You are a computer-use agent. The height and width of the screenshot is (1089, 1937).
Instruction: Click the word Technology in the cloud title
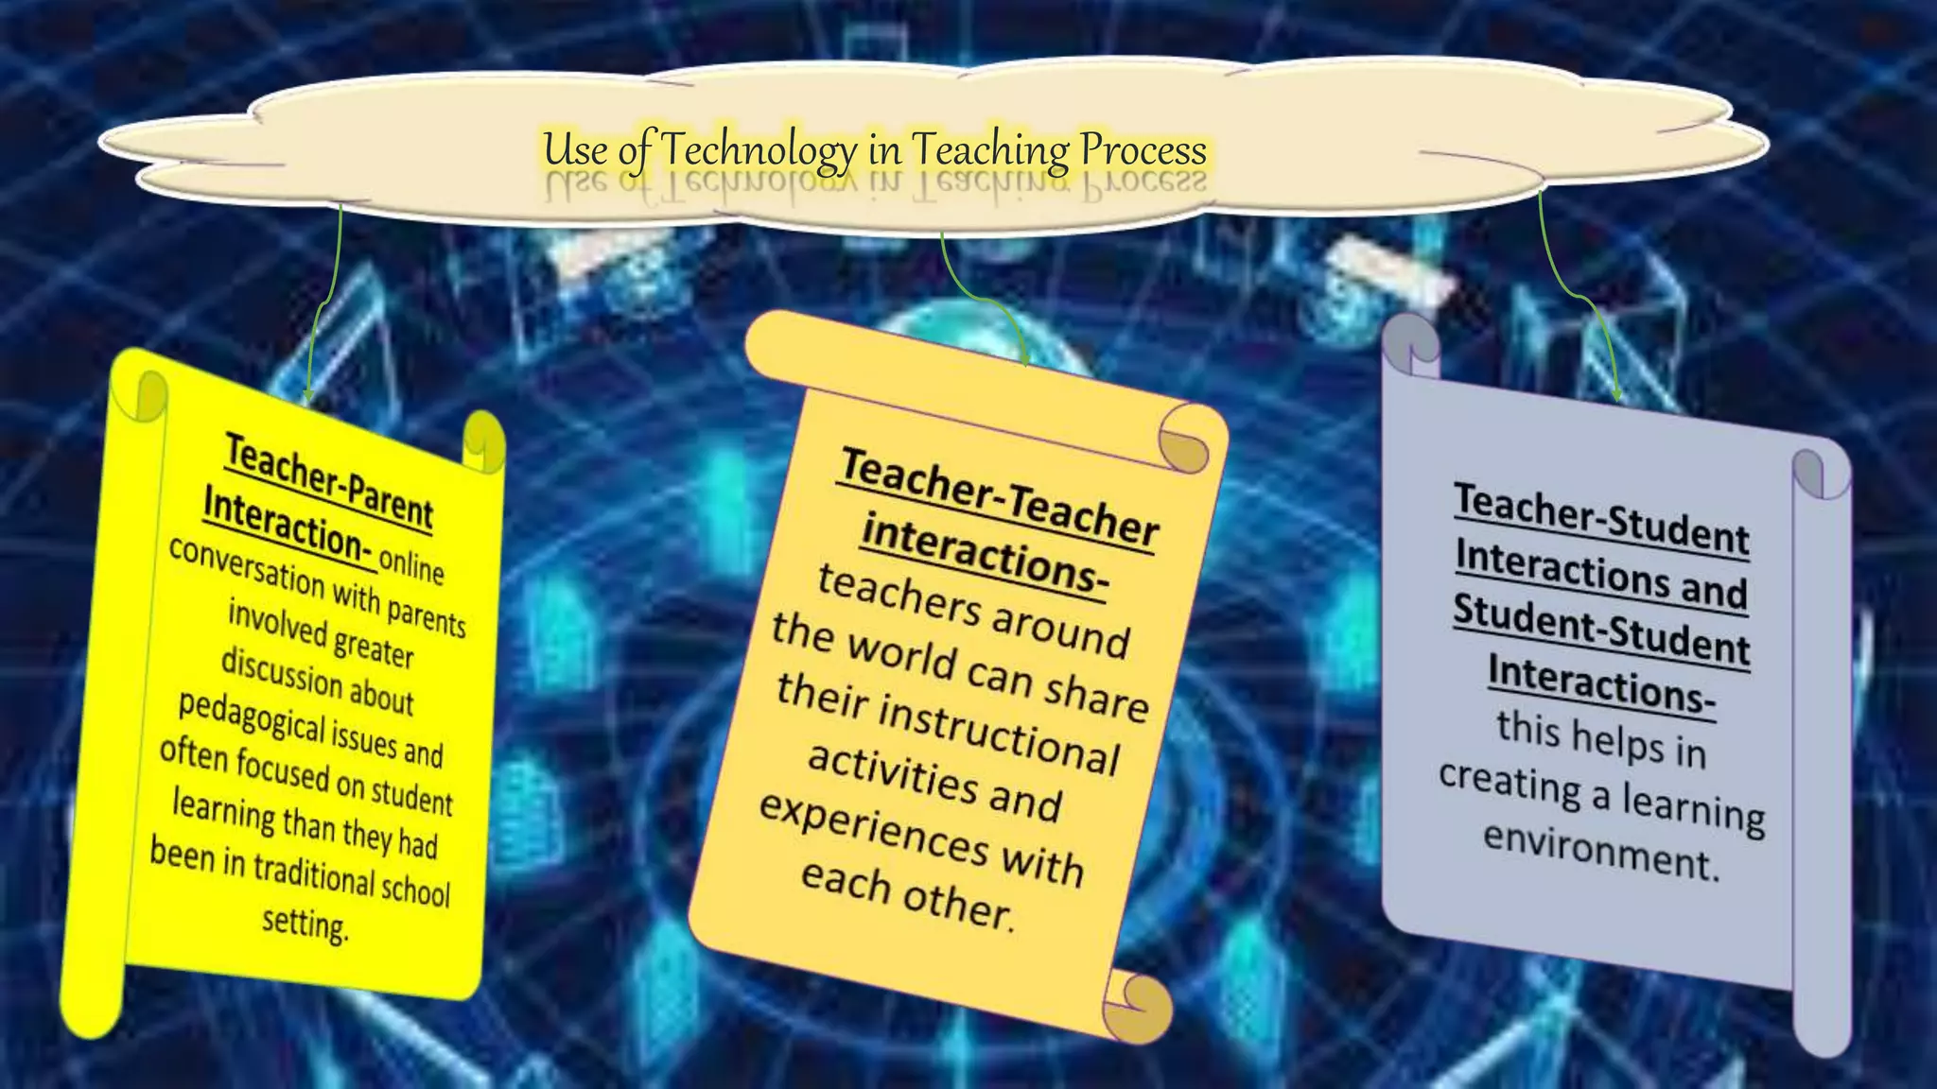click(757, 150)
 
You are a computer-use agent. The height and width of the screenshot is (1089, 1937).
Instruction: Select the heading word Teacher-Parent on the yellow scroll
click(328, 479)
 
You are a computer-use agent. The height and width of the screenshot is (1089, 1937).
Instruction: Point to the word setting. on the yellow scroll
click(305, 923)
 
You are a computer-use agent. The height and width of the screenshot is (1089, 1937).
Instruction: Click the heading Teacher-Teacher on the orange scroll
click(999, 496)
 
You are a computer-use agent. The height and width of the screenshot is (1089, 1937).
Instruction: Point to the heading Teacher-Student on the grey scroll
click(1601, 518)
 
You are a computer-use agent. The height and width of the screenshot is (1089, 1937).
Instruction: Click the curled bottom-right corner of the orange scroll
click(1140, 1005)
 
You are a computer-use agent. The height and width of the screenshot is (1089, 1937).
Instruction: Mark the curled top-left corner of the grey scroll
click(1410, 345)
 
